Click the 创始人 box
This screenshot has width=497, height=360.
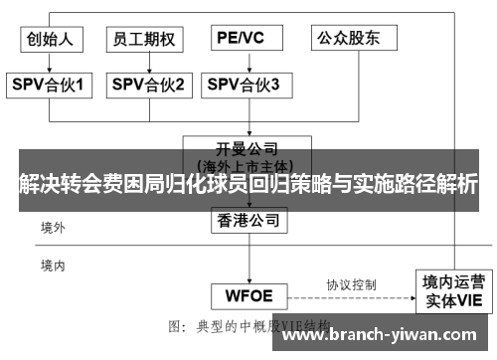pyautogui.click(x=51, y=39)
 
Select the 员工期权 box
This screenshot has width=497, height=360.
pyautogui.click(x=144, y=39)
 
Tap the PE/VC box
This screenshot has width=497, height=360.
pyautogui.click(x=242, y=39)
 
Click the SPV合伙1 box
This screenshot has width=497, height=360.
pyautogui.click(x=51, y=86)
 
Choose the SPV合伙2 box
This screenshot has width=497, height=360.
pyautogui.click(x=147, y=86)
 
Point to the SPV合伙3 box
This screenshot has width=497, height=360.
pyautogui.click(x=245, y=86)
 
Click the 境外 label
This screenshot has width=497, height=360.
pyautogui.click(x=53, y=228)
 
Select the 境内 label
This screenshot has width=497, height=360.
pyautogui.click(x=53, y=266)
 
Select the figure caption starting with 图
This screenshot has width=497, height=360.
pyautogui.click(x=249, y=325)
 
